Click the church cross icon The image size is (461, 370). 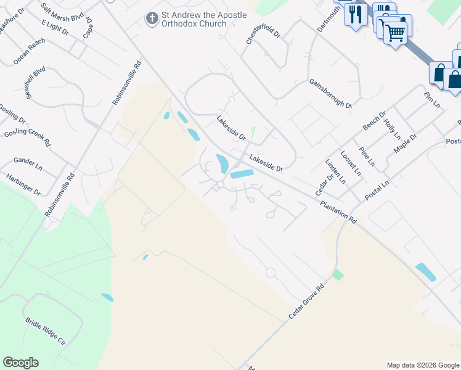152,18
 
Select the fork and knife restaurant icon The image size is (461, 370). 356,14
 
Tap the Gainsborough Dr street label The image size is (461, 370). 330,93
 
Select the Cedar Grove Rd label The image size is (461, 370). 306,302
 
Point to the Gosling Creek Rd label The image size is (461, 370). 27,133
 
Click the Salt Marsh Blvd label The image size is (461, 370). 62,12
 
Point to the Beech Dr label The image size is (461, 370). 374,120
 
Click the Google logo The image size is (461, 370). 20,363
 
